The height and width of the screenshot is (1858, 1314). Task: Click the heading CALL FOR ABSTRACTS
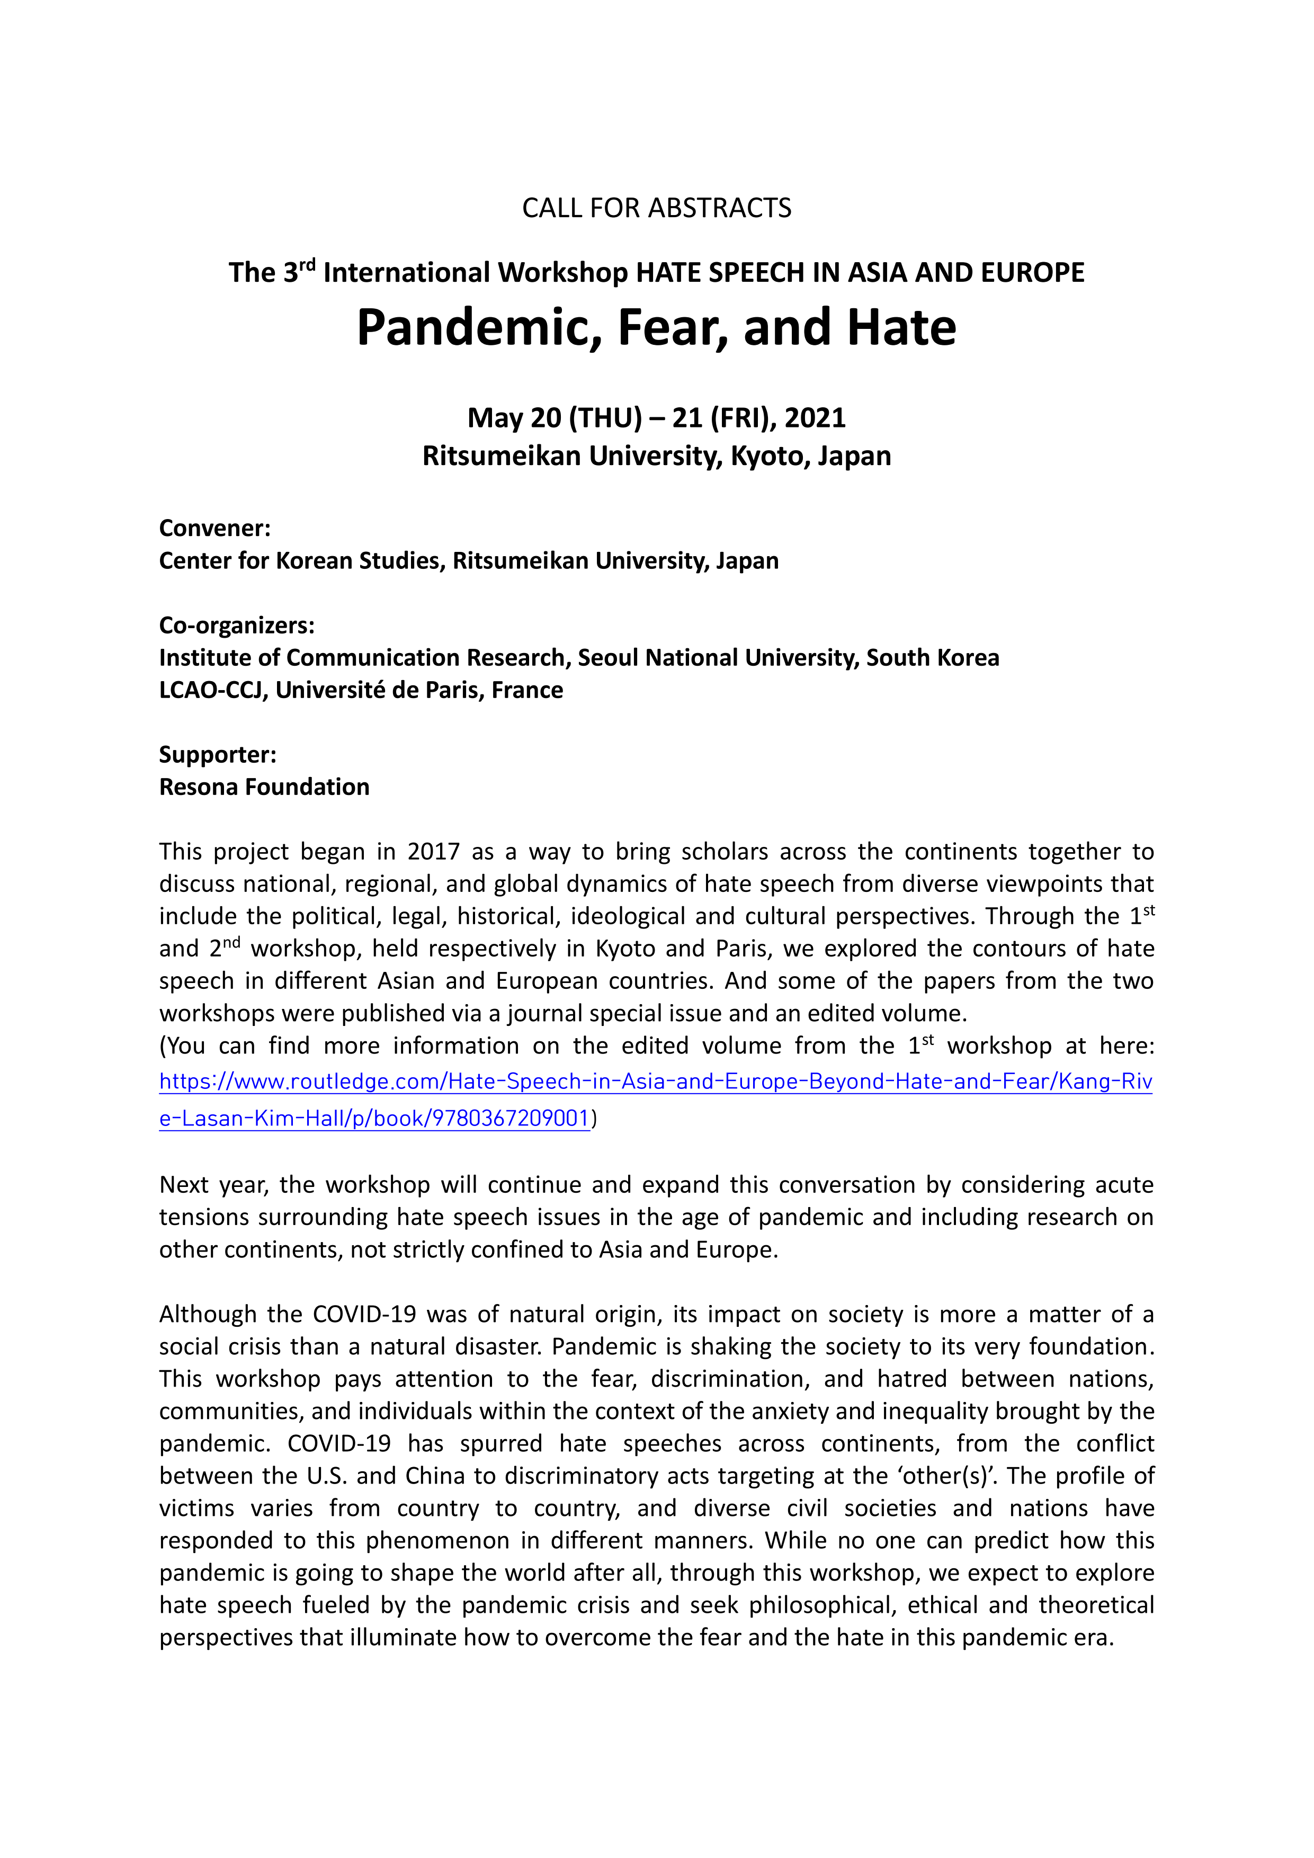[x=656, y=208]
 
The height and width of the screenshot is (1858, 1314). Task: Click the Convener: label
[x=214, y=529]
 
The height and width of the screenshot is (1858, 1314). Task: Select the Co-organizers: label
[x=236, y=626]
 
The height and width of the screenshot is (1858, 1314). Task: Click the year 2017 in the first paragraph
[x=433, y=852]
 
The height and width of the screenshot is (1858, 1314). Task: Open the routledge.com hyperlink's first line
[x=655, y=1082]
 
